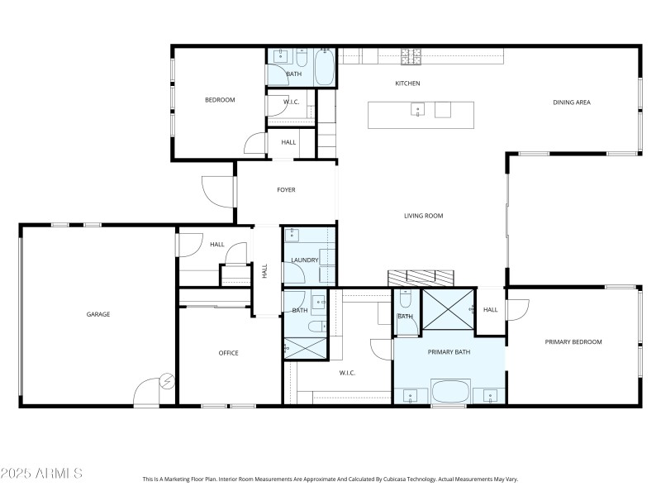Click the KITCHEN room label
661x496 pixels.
(407, 83)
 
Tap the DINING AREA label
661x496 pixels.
(572, 103)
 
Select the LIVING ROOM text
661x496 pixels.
(423, 216)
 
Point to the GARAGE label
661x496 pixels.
(98, 314)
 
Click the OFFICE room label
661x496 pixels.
(228, 353)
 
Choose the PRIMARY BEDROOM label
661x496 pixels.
(573, 341)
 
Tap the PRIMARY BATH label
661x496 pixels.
(449, 352)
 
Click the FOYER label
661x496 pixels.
(286, 190)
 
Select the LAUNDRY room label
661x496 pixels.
(304, 260)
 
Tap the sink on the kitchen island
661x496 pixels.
(418, 109)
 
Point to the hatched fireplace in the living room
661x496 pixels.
(421, 277)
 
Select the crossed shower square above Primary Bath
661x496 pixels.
(449, 311)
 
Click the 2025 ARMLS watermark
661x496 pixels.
(41, 474)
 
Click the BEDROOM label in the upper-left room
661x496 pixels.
(220, 100)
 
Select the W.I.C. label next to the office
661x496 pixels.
(347, 373)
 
